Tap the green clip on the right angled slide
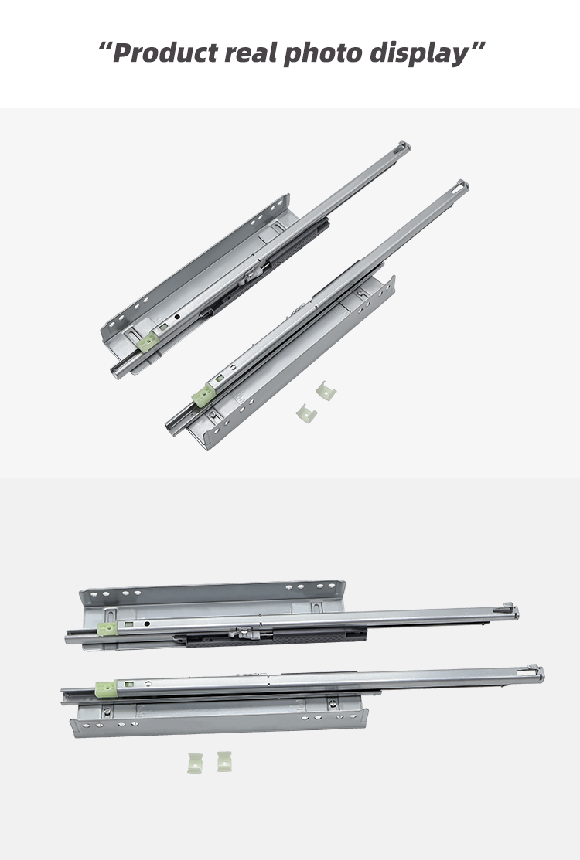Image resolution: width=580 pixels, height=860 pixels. [x=203, y=396]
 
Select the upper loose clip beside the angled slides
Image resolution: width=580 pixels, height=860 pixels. [x=326, y=391]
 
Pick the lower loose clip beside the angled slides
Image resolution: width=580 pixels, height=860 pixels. [x=306, y=413]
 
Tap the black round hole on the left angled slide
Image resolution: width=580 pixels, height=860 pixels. [x=177, y=317]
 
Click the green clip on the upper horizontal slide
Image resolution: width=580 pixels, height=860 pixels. [x=107, y=628]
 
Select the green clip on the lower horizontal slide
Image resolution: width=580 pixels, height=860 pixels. [x=105, y=689]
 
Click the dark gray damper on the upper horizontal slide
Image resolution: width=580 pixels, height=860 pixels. [x=270, y=637]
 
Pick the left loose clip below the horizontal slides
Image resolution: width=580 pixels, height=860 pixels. [x=195, y=763]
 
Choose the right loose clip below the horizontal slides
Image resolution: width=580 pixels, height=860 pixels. [x=223, y=761]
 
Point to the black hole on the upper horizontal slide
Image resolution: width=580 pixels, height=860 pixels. [x=147, y=624]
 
